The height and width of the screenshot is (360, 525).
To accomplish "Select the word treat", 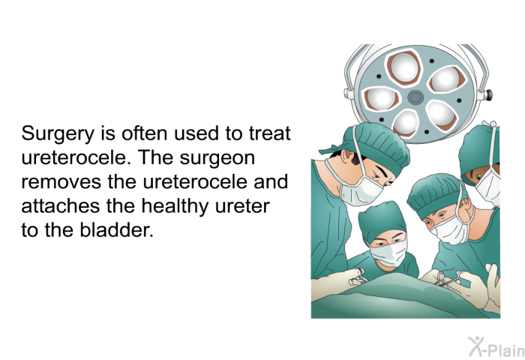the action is click(269, 133).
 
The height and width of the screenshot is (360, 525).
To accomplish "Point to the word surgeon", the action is click(217, 158).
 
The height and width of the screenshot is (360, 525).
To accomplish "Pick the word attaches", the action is click(60, 206).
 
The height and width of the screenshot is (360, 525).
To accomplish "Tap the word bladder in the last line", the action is click(117, 230).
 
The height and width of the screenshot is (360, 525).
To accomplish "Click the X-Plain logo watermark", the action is click(496, 346).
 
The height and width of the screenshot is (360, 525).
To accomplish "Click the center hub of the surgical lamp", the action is click(415, 97).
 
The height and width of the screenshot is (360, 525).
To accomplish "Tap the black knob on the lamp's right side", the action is click(489, 94).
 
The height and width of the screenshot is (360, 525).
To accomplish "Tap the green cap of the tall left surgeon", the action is click(376, 145).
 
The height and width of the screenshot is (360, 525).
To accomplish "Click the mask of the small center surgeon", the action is click(389, 253).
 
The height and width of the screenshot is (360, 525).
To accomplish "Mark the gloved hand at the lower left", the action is click(338, 280).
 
